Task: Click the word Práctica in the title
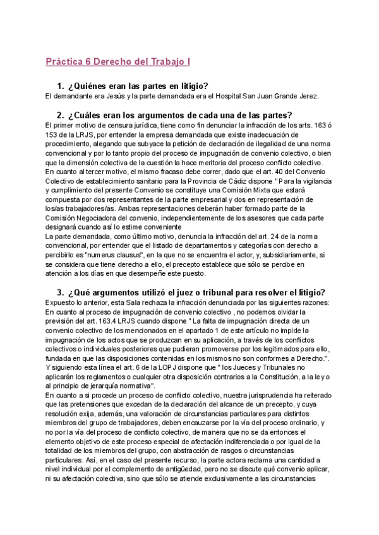point(65,62)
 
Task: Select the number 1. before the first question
point(61,86)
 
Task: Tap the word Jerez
point(308,96)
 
